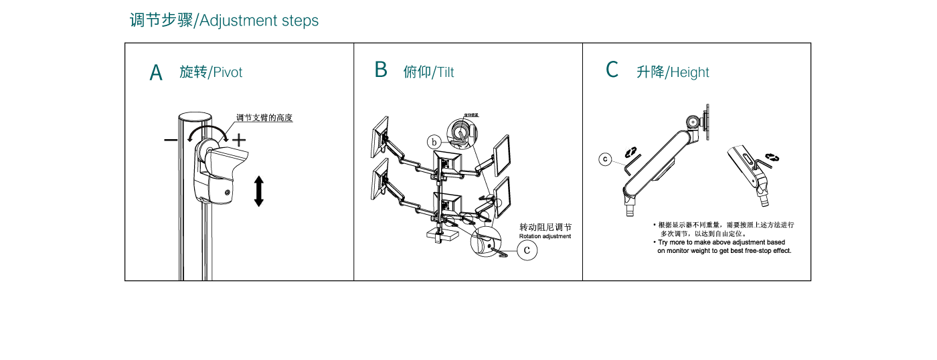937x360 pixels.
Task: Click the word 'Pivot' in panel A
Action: (x=228, y=72)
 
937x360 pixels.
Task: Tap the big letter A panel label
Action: (x=156, y=73)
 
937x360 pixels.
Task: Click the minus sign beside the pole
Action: (x=171, y=140)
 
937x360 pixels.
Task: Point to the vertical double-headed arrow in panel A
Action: (x=259, y=191)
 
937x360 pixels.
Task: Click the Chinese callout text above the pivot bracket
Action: (x=264, y=118)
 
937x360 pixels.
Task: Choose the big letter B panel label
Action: (x=381, y=70)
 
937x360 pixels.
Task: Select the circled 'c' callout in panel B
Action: (x=527, y=250)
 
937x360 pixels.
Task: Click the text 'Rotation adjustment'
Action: (x=545, y=236)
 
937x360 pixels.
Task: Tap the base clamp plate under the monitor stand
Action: (x=442, y=235)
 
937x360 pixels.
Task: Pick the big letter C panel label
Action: (x=612, y=70)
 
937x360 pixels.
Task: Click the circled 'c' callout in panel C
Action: (x=605, y=159)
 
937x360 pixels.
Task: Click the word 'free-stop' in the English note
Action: (x=758, y=251)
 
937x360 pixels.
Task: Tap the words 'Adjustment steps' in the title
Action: (x=259, y=21)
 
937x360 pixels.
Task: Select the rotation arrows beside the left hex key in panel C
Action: (x=630, y=153)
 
